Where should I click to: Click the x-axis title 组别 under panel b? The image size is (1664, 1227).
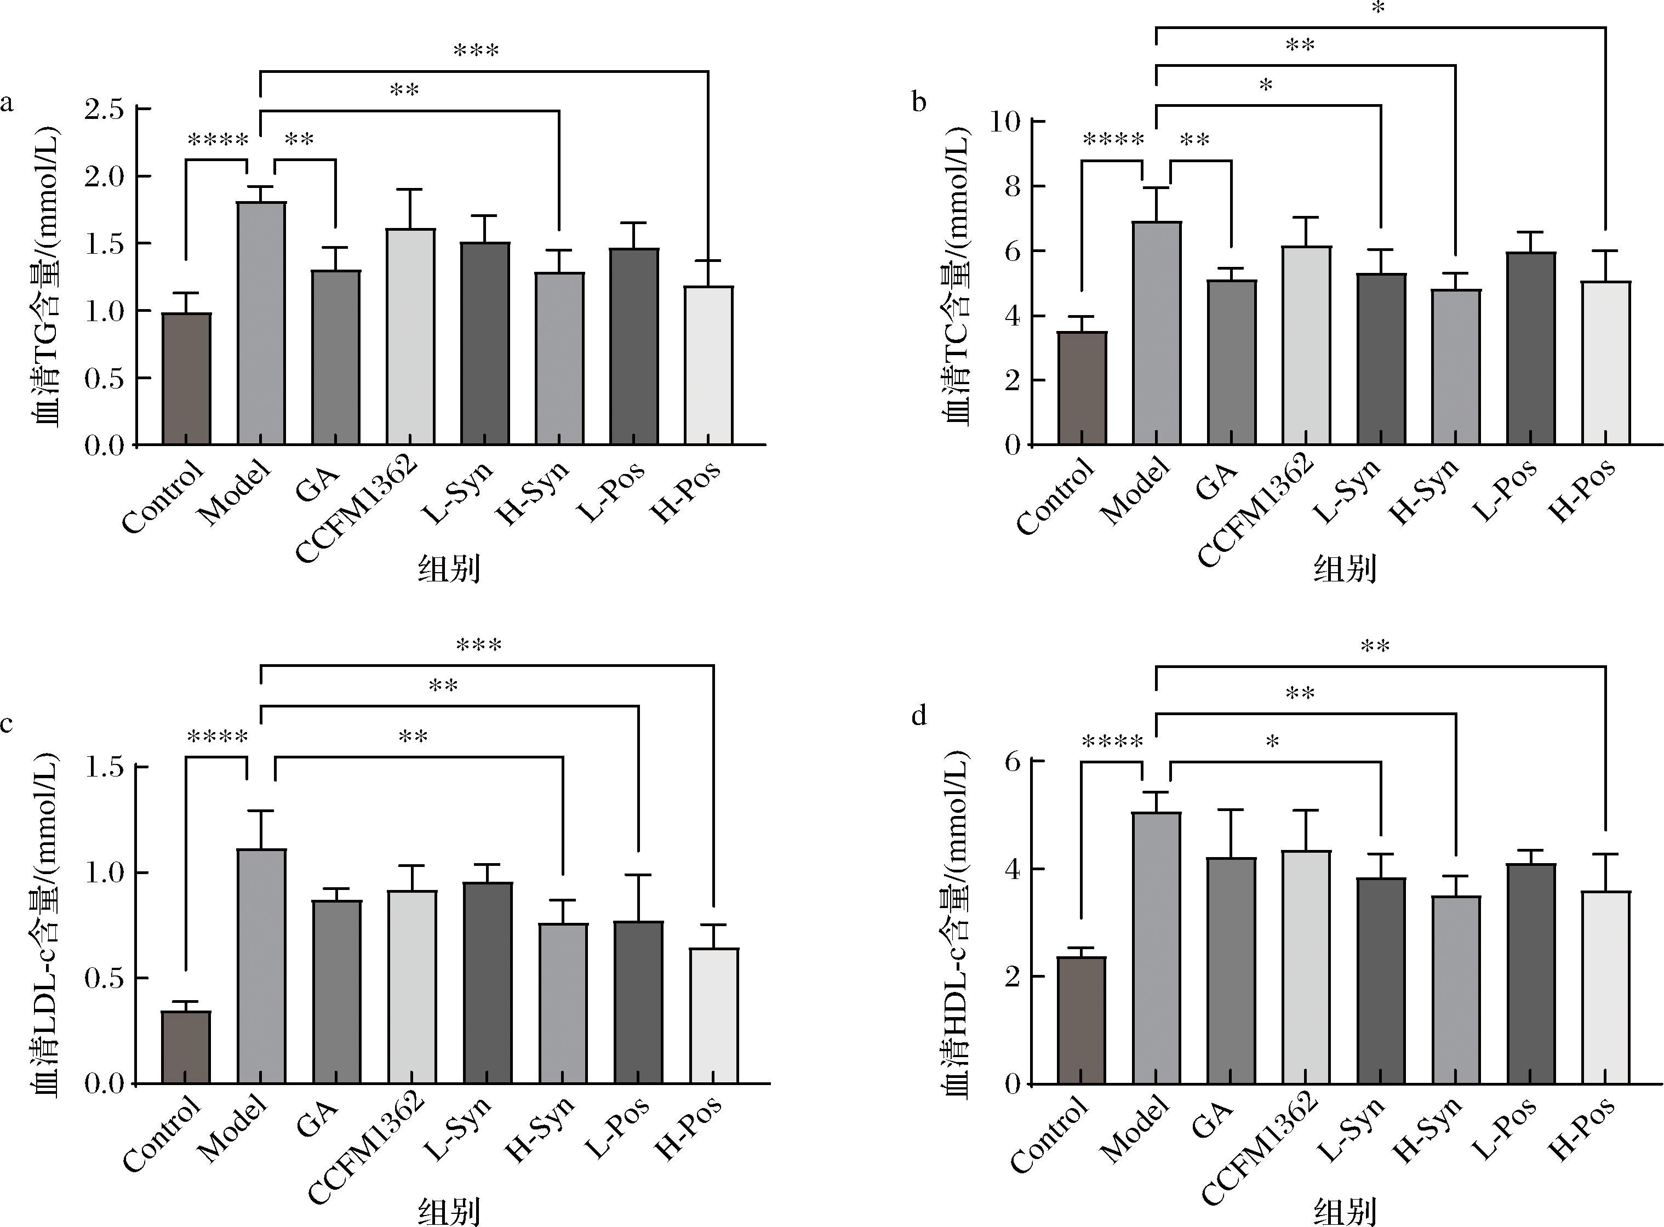tap(1345, 569)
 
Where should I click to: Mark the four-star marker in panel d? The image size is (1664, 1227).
tap(1112, 742)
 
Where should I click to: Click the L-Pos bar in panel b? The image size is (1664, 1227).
tap(1530, 349)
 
